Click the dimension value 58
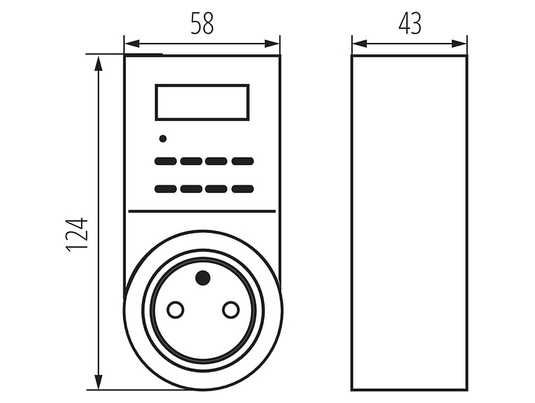pyautogui.click(x=202, y=24)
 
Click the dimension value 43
pyautogui.click(x=410, y=24)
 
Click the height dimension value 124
pyautogui.click(x=77, y=235)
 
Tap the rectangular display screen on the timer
pyautogui.click(x=202, y=102)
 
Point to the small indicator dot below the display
pyautogui.click(x=163, y=138)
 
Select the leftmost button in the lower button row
pyautogui.click(x=166, y=189)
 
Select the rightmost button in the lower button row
pyautogui.click(x=243, y=189)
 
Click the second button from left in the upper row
pyautogui.click(x=191, y=161)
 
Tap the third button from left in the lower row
pyautogui.click(x=217, y=189)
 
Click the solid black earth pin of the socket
pyautogui.click(x=202, y=277)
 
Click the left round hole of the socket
pyautogui.click(x=176, y=310)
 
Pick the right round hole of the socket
pyautogui.click(x=231, y=310)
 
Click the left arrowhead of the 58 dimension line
pyautogui.click(x=132, y=44)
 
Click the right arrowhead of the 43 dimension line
pyautogui.click(x=459, y=44)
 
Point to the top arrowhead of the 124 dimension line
pyautogui.click(x=99, y=63)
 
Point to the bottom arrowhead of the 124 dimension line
pyautogui.click(x=99, y=382)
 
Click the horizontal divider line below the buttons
pyautogui.click(x=202, y=212)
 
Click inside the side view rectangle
pyautogui.click(x=410, y=222)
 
